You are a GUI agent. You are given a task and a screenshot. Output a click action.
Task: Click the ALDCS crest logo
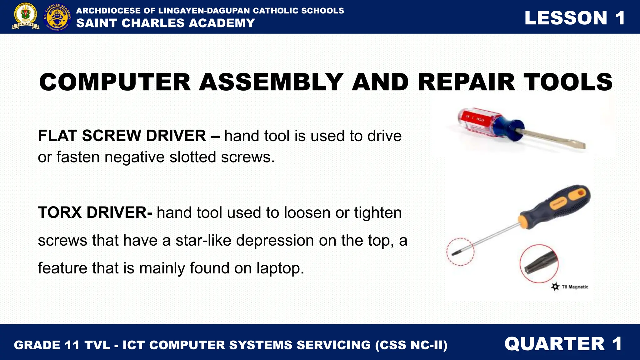[x=26, y=17]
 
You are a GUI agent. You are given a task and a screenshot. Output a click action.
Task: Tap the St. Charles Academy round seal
[x=57, y=17]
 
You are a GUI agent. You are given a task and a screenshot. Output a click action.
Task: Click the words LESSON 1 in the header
[x=574, y=18]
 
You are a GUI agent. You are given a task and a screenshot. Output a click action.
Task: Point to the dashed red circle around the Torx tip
[x=460, y=252]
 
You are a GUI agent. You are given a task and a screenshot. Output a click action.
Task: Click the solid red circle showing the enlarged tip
[x=539, y=264]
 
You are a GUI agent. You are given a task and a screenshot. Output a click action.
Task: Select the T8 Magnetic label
[x=575, y=287]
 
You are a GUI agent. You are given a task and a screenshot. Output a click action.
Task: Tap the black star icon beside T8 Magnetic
[x=555, y=287]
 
